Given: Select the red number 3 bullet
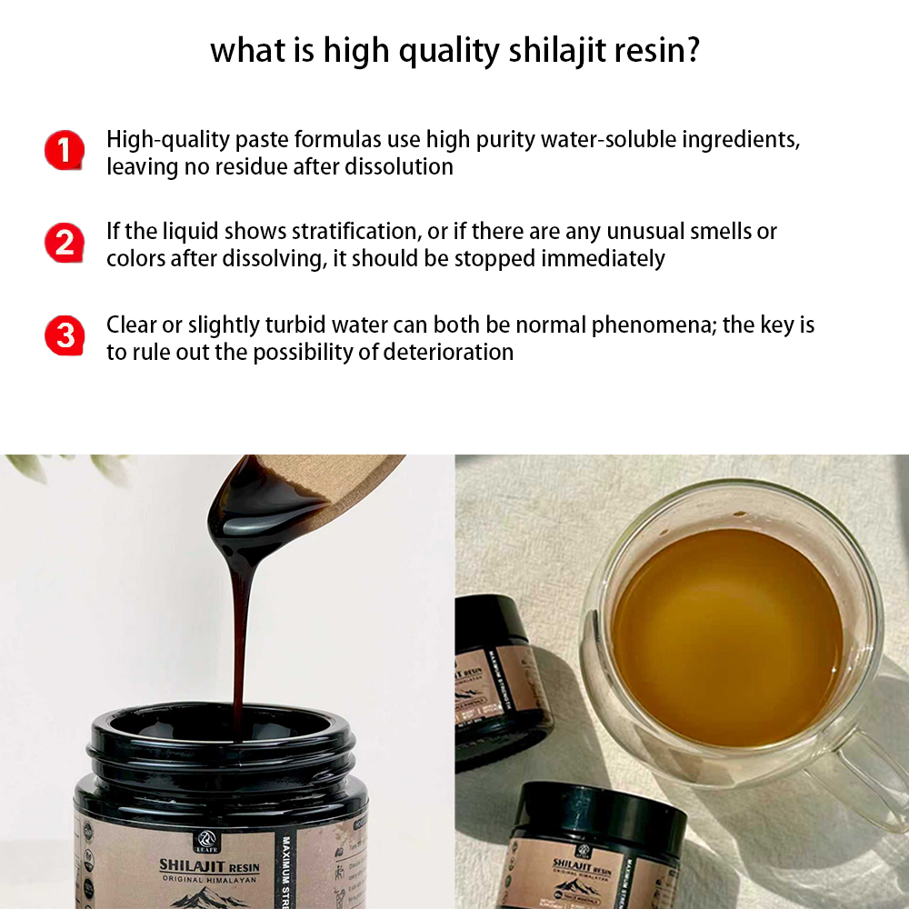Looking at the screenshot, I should (64, 336).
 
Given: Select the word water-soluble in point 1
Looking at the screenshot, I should (651, 141).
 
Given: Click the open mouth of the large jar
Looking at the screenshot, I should (218, 732).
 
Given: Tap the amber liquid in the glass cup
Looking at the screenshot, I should (727, 636).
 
